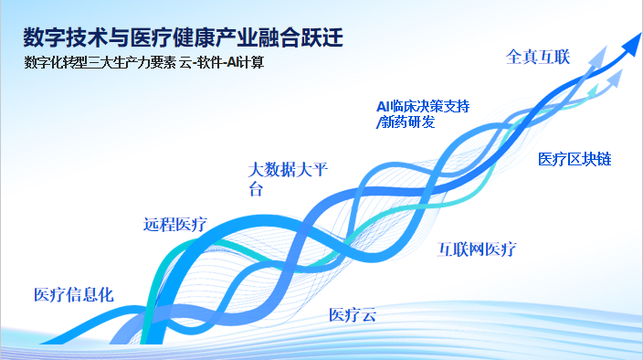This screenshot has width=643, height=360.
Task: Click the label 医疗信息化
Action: click(73, 294)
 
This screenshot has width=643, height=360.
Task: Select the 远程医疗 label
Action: click(175, 224)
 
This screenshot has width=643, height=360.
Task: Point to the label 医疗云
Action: click(353, 315)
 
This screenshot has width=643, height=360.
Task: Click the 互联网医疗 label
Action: click(478, 249)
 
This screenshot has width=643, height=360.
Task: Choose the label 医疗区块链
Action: click(574, 160)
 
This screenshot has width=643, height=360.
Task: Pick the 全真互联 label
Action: click(538, 57)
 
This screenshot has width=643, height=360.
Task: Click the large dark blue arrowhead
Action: click(628, 39)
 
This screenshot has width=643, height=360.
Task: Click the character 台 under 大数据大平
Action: click(256, 189)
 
